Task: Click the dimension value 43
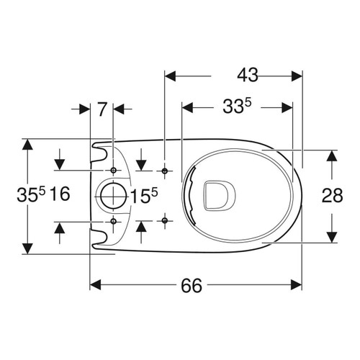[248, 73]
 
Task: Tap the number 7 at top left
[102, 109]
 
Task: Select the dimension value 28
[332, 195]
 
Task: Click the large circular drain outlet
[111, 195]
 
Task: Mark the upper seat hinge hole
[166, 171]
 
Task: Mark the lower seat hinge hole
[166, 220]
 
